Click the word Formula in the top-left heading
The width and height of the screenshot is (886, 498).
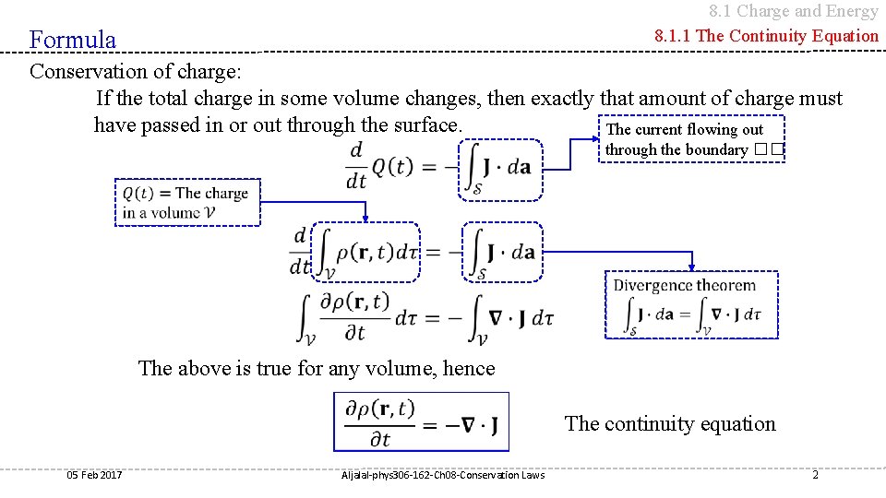click(73, 40)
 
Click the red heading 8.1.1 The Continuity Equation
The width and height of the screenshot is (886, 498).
click(766, 36)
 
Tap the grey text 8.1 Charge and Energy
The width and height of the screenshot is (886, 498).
click(793, 11)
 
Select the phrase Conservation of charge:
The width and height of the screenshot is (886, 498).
click(138, 72)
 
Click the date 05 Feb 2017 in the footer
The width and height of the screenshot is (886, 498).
click(94, 475)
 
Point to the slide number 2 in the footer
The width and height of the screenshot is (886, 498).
click(815, 475)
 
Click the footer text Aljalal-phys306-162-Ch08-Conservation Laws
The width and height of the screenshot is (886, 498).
click(442, 475)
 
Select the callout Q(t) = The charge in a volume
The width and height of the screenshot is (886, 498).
click(187, 202)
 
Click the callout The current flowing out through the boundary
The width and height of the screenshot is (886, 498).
click(692, 139)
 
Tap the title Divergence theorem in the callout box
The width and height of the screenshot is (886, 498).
click(684, 286)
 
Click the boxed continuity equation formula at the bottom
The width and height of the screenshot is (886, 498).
click(421, 421)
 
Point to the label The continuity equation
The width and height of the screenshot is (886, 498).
click(670, 424)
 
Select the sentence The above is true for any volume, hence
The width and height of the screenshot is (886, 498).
click(317, 369)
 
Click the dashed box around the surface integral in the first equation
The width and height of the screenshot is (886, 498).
click(501, 169)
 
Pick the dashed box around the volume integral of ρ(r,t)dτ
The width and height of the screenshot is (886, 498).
click(366, 251)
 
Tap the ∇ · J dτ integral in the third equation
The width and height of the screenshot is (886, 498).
click(510, 318)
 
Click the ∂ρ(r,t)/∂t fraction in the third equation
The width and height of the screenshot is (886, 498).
click(354, 316)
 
